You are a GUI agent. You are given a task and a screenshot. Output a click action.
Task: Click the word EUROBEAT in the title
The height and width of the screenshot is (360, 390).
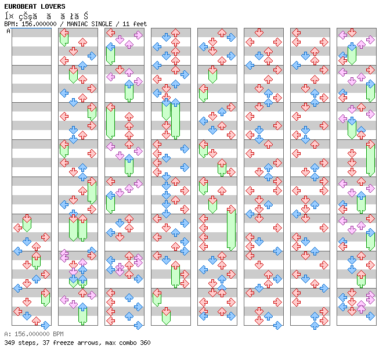[18, 6]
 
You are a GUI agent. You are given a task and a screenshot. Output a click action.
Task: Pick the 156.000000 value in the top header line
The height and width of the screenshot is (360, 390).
[38, 24]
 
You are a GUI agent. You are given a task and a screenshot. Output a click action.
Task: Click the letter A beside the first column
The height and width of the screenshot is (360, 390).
[8, 31]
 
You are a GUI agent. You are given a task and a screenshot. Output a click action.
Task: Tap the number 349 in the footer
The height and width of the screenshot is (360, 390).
[9, 343]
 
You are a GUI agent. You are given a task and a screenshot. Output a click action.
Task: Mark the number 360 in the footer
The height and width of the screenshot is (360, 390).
[145, 343]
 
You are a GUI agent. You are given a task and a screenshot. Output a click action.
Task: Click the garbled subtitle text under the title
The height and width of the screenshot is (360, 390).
[46, 16]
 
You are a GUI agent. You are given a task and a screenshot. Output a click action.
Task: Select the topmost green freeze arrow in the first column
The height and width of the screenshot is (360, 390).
[27, 224]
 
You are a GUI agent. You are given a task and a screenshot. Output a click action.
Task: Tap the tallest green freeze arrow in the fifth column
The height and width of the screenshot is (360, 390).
[231, 228]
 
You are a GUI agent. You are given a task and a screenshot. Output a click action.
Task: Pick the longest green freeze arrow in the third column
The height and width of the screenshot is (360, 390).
[110, 121]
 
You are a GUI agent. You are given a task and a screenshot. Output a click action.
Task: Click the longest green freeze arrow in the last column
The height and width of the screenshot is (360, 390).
[370, 158]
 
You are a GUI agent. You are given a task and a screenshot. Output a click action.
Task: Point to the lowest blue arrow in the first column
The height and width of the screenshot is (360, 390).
[45, 325]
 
